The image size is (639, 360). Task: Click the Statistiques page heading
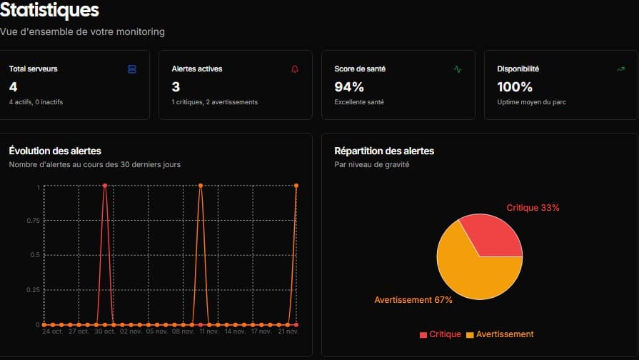point(50,11)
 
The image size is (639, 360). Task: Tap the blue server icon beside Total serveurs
point(131,69)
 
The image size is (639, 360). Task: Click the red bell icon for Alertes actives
point(295,69)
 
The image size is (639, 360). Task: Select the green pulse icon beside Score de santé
point(458,69)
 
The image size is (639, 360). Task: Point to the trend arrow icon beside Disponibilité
point(620,69)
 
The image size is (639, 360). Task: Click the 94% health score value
point(349,87)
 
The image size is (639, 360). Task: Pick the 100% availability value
point(515,87)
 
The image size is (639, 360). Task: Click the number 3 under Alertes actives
point(176,87)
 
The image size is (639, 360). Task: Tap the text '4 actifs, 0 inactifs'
point(36,102)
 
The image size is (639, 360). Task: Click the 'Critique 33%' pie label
point(533,208)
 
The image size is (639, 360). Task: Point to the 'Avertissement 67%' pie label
point(413,300)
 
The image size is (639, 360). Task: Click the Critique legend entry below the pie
point(440,334)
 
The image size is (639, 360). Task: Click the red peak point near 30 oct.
point(105,186)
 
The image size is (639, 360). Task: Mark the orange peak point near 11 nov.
point(201,186)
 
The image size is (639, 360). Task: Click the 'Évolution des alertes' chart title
point(55,151)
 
